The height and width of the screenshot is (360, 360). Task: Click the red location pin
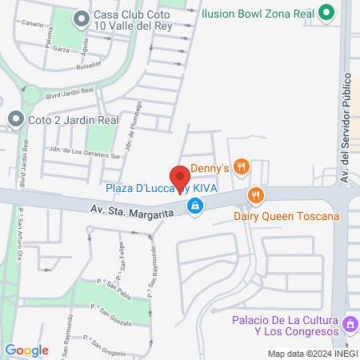(179, 178)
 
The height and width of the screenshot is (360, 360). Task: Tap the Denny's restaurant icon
(243, 168)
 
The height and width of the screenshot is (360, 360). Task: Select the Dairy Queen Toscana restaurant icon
(255, 194)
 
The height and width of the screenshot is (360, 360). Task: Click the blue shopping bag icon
(194, 206)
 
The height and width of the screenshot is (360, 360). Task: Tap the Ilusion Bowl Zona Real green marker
(326, 13)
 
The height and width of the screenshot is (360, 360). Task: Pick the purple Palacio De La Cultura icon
(349, 326)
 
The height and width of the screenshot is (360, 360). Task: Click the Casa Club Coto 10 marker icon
(81, 17)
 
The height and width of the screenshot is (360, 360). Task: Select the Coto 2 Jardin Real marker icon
(15, 120)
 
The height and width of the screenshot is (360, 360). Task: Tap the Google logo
(26, 350)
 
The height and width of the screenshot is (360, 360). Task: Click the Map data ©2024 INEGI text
(311, 354)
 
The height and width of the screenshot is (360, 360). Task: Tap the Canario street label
(33, 24)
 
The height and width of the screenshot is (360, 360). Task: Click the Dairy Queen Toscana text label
(287, 216)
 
